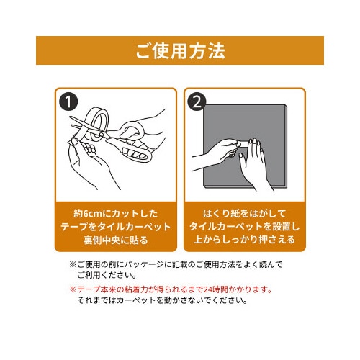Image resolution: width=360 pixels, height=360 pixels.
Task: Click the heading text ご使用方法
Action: [180, 51]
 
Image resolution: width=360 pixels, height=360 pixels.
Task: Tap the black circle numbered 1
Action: [68, 102]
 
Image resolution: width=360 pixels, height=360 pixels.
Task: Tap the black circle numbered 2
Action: [197, 102]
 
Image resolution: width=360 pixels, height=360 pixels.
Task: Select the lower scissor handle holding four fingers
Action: [135, 153]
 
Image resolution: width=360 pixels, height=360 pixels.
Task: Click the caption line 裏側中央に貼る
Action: [116, 240]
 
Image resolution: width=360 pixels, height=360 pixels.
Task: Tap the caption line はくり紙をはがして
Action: [244, 213]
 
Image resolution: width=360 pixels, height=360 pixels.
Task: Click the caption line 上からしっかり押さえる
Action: [244, 240]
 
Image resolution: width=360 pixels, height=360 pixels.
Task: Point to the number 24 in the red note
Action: [207, 289]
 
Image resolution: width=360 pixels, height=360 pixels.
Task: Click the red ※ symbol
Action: [73, 289]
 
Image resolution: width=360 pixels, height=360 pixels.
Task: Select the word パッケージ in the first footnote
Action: [145, 264]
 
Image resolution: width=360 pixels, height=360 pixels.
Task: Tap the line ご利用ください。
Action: [107, 275]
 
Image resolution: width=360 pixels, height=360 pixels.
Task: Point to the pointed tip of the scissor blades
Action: [70, 117]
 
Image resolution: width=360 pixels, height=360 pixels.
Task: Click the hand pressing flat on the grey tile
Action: [254, 163]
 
